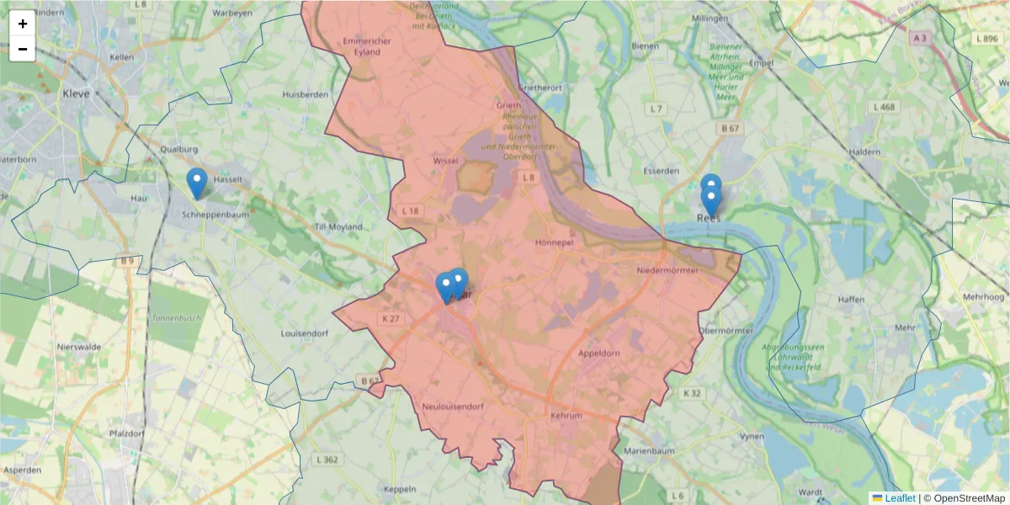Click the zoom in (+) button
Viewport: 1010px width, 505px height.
pos(23,24)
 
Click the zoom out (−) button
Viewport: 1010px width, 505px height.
pos(23,49)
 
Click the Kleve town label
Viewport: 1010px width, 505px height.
pos(76,94)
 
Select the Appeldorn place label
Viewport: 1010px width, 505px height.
pos(598,353)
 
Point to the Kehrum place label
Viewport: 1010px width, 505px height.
pos(566,416)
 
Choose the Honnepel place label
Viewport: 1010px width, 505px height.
pos(554,242)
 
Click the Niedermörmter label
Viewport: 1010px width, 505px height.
pos(668,270)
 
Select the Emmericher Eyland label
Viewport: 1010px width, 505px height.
pos(362,46)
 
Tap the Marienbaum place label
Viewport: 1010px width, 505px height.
pos(647,451)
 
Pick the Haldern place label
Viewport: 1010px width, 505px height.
pos(864,152)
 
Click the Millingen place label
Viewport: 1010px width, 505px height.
pos(709,18)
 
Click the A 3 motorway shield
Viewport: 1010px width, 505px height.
pos(920,37)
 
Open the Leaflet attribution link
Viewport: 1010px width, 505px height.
pos(900,498)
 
